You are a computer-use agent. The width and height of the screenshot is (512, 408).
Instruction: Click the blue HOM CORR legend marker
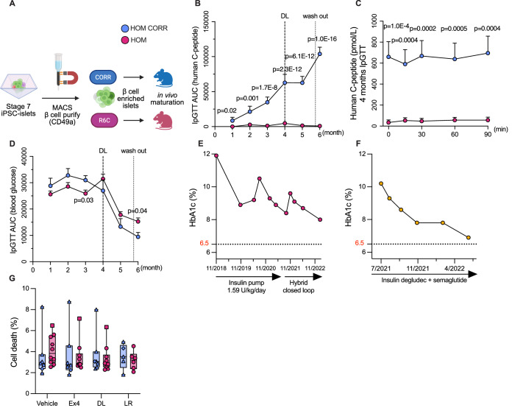[x=125, y=28]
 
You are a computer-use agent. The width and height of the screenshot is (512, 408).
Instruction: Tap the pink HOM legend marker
[x=125, y=40]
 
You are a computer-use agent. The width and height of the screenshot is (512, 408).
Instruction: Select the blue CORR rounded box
[x=103, y=77]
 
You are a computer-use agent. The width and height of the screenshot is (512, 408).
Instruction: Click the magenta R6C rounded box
[x=104, y=120]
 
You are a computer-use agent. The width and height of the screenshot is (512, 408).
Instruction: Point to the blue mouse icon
[x=163, y=78]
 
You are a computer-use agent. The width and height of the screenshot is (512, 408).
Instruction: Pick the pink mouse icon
[x=163, y=120]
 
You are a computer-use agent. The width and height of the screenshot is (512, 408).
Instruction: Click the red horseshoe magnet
[x=70, y=78]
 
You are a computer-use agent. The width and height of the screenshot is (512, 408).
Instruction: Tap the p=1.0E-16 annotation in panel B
[x=322, y=39]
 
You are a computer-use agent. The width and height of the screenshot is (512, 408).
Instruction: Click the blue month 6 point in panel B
[x=320, y=54]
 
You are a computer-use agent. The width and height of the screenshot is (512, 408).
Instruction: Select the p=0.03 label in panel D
[x=84, y=200]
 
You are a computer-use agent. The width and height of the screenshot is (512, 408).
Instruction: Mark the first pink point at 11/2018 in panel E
[x=216, y=155]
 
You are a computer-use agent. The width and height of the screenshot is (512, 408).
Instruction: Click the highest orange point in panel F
[x=381, y=183]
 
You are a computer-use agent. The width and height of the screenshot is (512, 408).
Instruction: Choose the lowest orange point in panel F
[x=469, y=237]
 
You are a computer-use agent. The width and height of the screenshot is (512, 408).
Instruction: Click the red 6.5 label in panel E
[x=205, y=244]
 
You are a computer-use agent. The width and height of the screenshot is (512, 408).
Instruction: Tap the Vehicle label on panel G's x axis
[x=47, y=404]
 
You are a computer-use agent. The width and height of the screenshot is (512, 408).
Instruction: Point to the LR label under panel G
[x=128, y=404]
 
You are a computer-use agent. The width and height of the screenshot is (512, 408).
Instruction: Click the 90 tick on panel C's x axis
[x=488, y=134]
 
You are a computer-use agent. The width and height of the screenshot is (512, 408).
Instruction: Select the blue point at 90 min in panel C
[x=488, y=53]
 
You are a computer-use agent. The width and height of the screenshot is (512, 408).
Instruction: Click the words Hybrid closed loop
[x=299, y=286]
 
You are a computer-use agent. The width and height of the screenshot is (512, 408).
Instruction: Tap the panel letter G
[x=13, y=278]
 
